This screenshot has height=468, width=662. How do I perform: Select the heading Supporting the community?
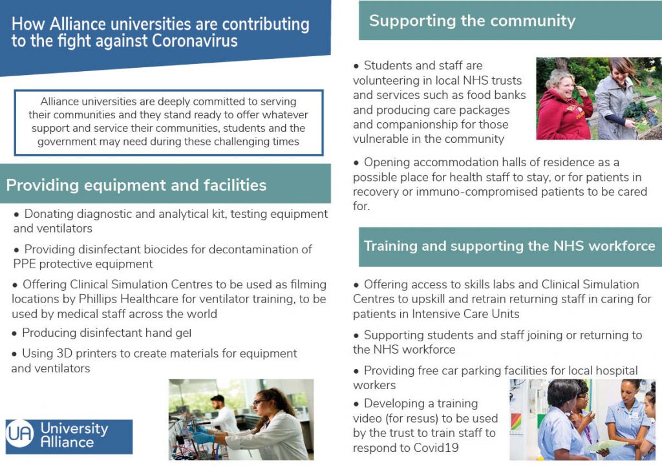point(472,21)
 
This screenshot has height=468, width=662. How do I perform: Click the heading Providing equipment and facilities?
point(136,185)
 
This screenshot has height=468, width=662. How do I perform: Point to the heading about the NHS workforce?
point(509,246)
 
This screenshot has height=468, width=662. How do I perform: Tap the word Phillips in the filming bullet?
point(98,299)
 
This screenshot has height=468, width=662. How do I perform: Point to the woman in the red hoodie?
point(563,105)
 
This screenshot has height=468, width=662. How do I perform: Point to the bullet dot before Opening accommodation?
point(356,164)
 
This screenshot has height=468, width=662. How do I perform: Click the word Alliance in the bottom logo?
point(67,442)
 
